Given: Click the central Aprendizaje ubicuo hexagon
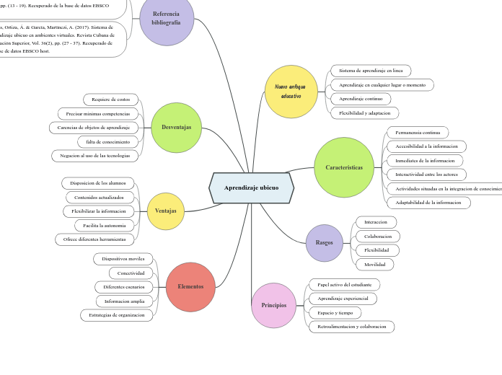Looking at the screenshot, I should point(251,187).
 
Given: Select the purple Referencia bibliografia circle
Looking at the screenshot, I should point(167,19).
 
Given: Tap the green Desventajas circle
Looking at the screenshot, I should point(177,128).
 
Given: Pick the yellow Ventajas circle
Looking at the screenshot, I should point(166,211).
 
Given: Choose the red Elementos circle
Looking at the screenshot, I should point(190,286).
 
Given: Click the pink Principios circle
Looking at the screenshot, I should point(274,305).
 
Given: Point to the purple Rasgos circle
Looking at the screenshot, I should point(325,243).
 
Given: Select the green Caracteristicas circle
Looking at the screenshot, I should point(344,167).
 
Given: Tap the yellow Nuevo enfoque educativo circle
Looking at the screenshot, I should point(291,92).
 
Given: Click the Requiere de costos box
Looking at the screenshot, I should point(110,100).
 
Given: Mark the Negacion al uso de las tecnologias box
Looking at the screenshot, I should point(95,156).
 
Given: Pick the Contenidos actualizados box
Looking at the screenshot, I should point(100,197).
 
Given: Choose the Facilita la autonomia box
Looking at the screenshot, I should point(105,225).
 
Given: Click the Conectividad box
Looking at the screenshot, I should point(131,273).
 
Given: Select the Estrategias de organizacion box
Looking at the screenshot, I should point(116,314).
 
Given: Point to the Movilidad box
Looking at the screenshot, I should point(374,265).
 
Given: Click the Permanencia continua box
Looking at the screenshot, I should point(418,133).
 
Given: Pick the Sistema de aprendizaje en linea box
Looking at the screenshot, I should point(371,71).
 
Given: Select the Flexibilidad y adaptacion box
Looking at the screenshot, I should point(364,113).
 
